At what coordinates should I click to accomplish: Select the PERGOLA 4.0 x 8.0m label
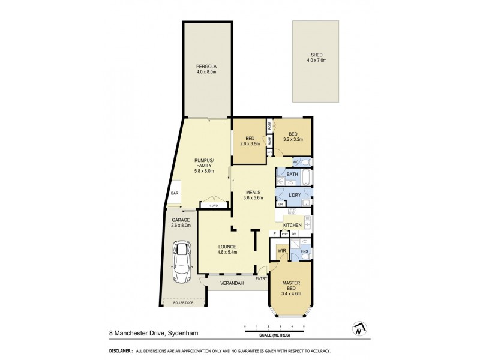206,68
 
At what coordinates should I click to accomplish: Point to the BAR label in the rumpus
175,193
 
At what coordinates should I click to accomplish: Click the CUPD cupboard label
214,206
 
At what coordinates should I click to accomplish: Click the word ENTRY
261,278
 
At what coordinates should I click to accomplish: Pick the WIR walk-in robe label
281,249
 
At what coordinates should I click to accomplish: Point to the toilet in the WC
305,162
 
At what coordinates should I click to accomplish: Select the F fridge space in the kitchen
275,233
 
